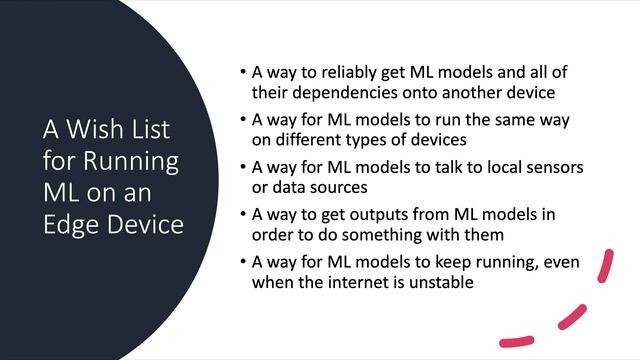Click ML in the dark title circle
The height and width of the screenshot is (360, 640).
pyautogui.click(x=60, y=192)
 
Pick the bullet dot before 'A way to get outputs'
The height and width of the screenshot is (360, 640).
pyautogui.click(x=244, y=211)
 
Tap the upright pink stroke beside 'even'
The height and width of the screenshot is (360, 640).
pyautogui.click(x=604, y=267)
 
